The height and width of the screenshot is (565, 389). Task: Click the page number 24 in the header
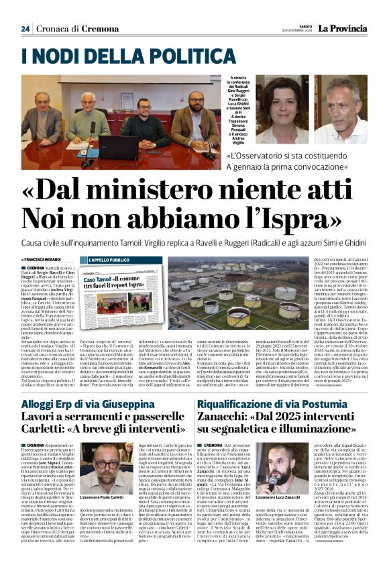[x=25, y=29]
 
